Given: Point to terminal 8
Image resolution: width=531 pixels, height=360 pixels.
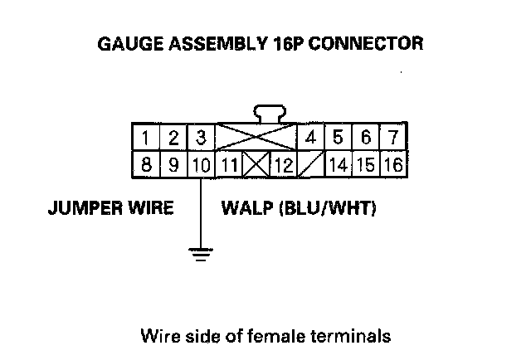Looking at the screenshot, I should pyautogui.click(x=146, y=164).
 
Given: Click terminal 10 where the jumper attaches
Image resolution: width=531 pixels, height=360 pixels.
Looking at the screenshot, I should pyautogui.click(x=201, y=164).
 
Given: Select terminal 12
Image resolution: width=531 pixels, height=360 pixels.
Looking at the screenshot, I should pyautogui.click(x=284, y=164).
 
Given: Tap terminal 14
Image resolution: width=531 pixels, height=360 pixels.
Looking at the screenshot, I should pyautogui.click(x=338, y=164).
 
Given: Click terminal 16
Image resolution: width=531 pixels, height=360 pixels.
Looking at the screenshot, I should pyautogui.click(x=392, y=164).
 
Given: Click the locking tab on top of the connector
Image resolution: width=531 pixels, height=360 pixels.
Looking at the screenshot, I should pyautogui.click(x=269, y=114).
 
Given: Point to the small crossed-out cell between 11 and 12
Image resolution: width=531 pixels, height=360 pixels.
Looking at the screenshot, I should pyautogui.click(x=256, y=164).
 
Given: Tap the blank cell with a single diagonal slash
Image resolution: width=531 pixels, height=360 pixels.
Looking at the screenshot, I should pyautogui.click(x=311, y=164).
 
